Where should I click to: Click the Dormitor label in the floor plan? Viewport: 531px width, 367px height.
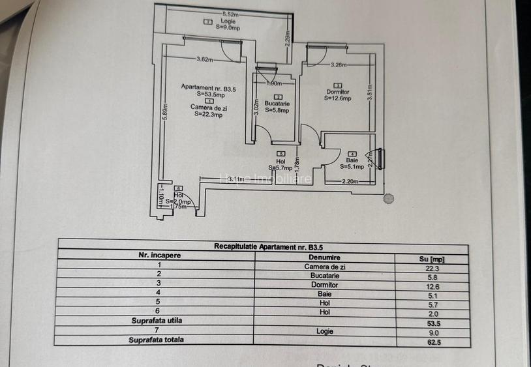tap(338, 92)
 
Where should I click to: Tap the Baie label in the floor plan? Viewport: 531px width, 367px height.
tap(353, 160)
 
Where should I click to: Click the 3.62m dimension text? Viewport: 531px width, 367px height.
tap(205, 60)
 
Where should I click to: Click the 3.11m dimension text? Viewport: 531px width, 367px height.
tap(236, 179)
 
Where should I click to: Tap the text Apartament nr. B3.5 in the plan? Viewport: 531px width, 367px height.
tap(208, 87)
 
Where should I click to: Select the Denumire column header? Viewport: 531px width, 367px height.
tap(324, 257)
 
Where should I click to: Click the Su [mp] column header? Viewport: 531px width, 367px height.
tap(432, 259)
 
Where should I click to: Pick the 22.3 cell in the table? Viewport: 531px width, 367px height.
tap(432, 268)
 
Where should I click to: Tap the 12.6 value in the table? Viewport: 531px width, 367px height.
tap(432, 286)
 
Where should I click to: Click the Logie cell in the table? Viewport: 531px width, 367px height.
tap(324, 331)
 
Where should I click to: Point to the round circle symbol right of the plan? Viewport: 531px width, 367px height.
tap(388, 199)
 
